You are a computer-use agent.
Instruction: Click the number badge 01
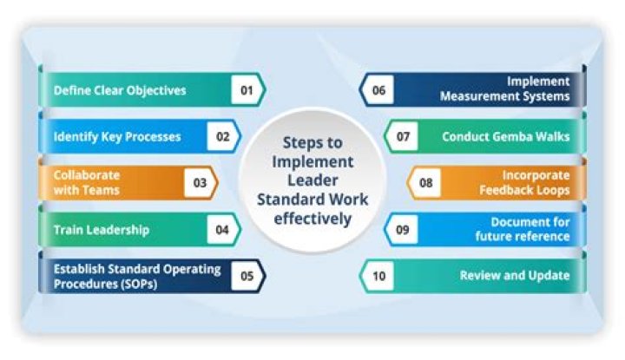pyautogui.click(x=246, y=90)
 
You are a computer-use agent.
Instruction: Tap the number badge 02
pyautogui.click(x=223, y=136)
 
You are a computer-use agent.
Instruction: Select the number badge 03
pyautogui.click(x=200, y=183)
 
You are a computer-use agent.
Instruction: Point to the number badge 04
pyautogui.click(x=223, y=230)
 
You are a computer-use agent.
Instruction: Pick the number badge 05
pyautogui.click(x=247, y=276)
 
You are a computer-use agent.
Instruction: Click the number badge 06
pyautogui.click(x=378, y=90)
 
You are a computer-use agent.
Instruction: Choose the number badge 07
pyautogui.click(x=403, y=136)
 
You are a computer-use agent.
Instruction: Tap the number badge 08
pyautogui.click(x=425, y=183)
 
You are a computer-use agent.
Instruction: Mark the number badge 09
pyautogui.click(x=402, y=230)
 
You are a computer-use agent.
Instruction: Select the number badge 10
pyautogui.click(x=378, y=276)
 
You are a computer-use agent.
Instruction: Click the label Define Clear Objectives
pyautogui.click(x=120, y=90)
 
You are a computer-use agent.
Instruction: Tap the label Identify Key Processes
pyautogui.click(x=116, y=136)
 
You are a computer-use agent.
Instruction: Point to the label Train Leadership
pyautogui.click(x=101, y=230)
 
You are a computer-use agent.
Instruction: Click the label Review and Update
pyautogui.click(x=515, y=276)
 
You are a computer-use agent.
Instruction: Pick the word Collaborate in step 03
pyautogui.click(x=87, y=175)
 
